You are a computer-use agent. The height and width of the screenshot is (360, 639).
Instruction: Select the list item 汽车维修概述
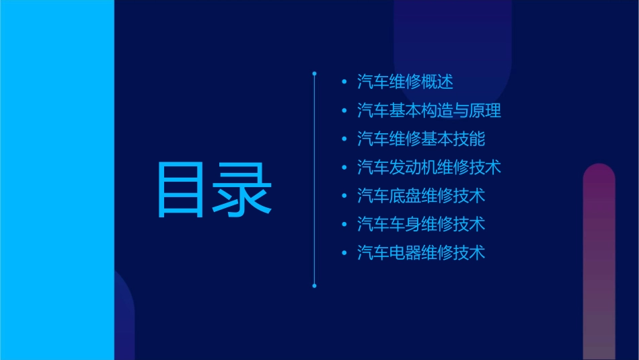coord(405,82)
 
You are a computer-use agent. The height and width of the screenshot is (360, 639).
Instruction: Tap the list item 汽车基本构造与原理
coord(429,110)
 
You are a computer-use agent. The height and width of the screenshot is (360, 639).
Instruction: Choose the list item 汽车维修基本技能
coord(421,139)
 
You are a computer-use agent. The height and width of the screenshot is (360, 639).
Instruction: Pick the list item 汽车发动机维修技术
coord(429,168)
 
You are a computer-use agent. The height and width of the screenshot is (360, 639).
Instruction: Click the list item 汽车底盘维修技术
coord(421,196)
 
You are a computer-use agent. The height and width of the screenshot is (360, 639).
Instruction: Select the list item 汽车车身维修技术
coord(421,224)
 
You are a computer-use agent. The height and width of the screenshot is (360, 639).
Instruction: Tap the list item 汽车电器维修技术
coord(421,253)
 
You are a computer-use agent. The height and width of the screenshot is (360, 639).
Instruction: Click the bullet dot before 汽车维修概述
coord(344,82)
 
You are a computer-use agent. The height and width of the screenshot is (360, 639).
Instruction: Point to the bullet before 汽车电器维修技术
coord(344,253)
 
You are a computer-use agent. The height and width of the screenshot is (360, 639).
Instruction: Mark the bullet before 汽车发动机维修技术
coord(344,168)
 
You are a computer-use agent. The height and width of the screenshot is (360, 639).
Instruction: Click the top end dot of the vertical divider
coord(314,72)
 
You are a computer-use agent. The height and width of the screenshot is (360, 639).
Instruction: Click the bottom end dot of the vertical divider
coord(314,286)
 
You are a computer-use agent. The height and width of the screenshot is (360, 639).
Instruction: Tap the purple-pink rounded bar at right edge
coord(599,262)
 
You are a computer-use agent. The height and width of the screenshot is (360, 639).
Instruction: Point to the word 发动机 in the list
coord(413,168)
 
